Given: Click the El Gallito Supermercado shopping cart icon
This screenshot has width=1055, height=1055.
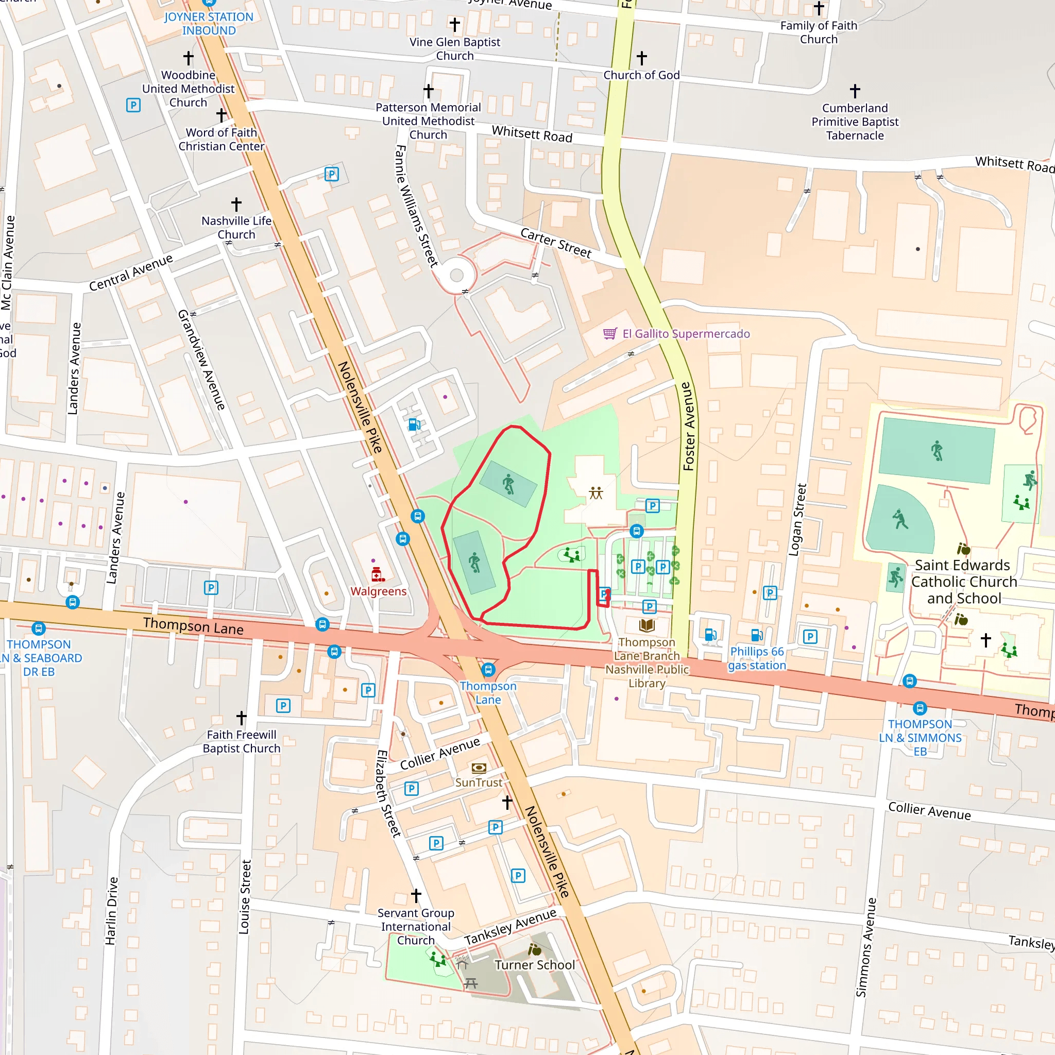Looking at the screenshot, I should point(610,334).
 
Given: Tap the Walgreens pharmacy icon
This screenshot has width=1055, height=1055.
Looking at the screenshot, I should point(377,574).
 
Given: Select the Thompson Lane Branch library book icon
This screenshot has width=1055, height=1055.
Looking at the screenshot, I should point(646,625).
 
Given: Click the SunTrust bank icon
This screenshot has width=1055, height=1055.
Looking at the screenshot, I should point(479,768).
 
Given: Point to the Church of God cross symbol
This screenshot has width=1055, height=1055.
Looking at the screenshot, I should point(642,58).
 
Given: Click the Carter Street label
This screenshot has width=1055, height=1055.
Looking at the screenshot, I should point(555,243).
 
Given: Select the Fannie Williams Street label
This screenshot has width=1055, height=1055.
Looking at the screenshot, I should point(416,206).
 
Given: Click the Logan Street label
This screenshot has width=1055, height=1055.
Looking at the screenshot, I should point(797,519).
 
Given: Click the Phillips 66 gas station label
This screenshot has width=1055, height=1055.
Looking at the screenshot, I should point(756,658).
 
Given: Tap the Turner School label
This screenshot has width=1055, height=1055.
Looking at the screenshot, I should point(535,965).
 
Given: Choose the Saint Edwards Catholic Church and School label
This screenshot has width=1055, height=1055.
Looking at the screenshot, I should point(964,582).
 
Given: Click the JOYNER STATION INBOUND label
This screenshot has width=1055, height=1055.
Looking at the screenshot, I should point(209,24).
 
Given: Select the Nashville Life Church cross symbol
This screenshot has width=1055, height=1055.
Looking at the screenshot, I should point(236,204).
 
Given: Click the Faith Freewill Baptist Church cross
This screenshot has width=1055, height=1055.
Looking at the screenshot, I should point(242,717).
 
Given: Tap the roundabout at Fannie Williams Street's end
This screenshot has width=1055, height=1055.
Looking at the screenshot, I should point(456,275).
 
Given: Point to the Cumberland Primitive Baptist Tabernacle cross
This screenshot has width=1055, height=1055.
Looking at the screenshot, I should point(855,91).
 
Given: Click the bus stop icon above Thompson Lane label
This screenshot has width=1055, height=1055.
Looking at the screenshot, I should point(488,670).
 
